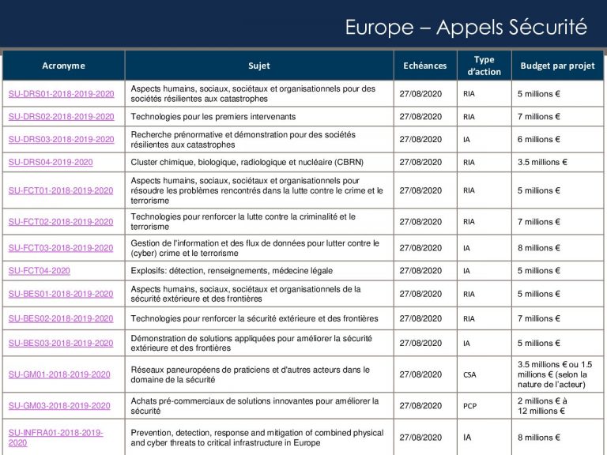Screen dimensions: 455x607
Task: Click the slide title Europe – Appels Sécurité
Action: (x=466, y=28)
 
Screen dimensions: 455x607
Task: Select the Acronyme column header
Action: (x=63, y=66)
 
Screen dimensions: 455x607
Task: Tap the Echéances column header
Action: (x=424, y=66)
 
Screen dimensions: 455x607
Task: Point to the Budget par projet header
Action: (x=557, y=66)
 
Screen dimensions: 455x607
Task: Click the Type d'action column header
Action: (x=484, y=66)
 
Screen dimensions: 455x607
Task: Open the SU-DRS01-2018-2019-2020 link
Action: (x=61, y=94)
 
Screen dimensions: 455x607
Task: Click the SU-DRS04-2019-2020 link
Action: (x=51, y=162)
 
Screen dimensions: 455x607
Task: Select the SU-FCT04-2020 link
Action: (x=40, y=270)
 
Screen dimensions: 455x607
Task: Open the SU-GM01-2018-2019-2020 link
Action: (x=59, y=374)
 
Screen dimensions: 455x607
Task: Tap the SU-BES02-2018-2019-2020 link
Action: (x=61, y=318)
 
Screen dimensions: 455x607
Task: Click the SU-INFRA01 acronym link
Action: (x=55, y=438)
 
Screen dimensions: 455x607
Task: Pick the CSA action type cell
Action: (x=469, y=374)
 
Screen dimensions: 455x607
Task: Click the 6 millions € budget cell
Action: (x=538, y=139)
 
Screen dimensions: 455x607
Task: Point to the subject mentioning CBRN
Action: (x=247, y=162)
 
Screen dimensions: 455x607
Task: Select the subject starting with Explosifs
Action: (x=232, y=270)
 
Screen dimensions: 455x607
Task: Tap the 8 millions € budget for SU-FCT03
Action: (x=538, y=247)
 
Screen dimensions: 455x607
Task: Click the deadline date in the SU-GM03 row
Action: (x=420, y=406)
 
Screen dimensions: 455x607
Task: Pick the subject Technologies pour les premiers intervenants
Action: (x=213, y=116)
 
